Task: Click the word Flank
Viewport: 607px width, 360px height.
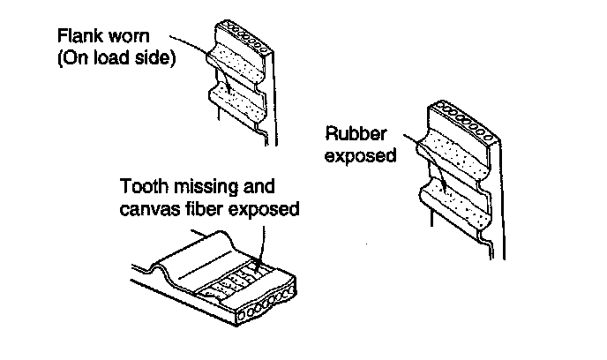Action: [x=78, y=38]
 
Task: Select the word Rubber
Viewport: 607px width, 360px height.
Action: [x=352, y=135]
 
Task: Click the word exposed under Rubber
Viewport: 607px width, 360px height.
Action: [x=357, y=155]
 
